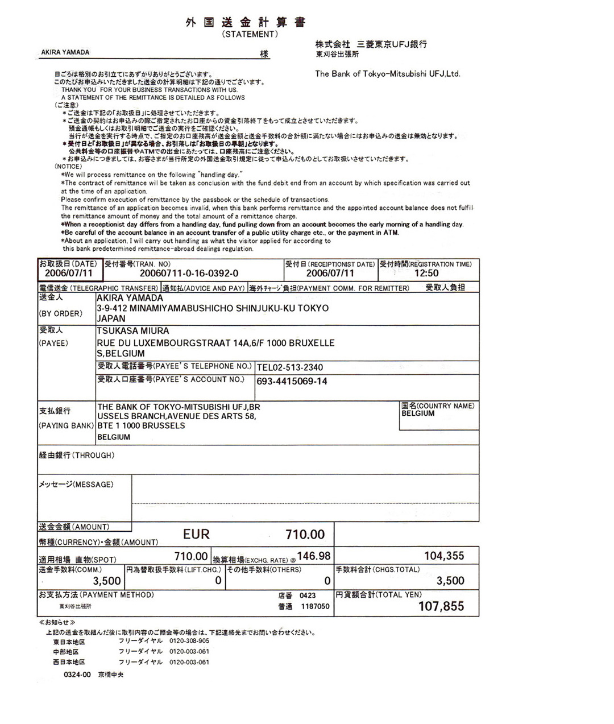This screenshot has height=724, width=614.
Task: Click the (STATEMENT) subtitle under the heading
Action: point(250,34)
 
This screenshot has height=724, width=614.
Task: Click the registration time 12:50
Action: point(426,273)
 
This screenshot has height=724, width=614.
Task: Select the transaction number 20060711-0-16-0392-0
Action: point(189,273)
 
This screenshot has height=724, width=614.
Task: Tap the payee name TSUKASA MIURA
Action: point(132,330)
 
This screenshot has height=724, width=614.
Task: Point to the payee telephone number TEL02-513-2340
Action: point(290,367)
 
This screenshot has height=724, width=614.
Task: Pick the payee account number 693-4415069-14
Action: point(292,381)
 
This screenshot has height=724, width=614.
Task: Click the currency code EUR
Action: point(196,534)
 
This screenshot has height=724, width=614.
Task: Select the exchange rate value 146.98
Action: point(313,556)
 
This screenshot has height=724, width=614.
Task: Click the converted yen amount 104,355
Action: point(443,556)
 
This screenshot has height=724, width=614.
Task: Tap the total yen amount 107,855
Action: point(441,606)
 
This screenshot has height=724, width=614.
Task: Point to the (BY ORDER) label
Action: point(60,313)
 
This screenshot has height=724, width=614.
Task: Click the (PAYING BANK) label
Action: point(66,425)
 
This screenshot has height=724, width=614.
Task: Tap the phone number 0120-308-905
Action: point(189,641)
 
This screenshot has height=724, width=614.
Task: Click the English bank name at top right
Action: point(388,73)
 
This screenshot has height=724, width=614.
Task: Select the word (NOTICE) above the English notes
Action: point(68,167)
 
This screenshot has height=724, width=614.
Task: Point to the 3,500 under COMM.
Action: point(107,581)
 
